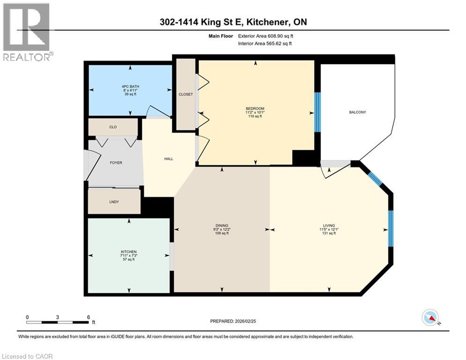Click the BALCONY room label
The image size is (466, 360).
tap(357, 112)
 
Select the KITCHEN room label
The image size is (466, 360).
tap(128, 252)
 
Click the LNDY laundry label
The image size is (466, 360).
tap(114, 202)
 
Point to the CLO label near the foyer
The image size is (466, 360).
tap(113, 127)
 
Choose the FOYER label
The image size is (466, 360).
tap(116, 163)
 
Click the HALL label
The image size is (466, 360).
tap(169, 159)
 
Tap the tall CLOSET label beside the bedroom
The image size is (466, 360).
tap(185, 94)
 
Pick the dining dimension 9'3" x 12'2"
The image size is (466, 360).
tap(222, 229)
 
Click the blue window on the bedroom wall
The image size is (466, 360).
tap(317, 112)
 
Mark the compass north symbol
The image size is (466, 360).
tap(430, 318)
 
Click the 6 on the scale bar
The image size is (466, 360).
tap(88, 317)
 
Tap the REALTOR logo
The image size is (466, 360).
tap(27, 32)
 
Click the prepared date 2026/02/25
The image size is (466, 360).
tap(247, 321)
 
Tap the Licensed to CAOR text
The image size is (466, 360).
tap(27, 356)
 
